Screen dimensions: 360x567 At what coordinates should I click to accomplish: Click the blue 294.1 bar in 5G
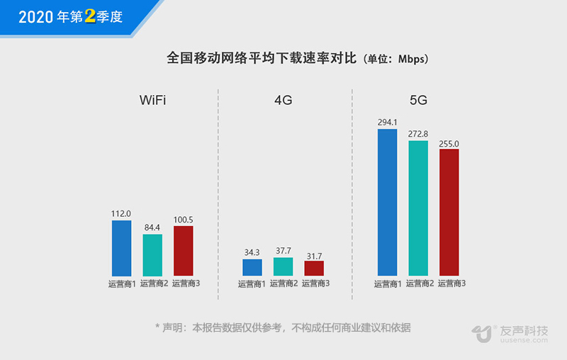387,202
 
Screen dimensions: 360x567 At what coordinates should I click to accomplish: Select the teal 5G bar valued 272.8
418,208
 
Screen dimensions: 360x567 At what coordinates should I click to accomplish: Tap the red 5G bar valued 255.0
449,212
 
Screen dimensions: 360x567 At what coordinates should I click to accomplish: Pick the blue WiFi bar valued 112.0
121,248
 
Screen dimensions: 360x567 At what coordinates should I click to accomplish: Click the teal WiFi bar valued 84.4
152,254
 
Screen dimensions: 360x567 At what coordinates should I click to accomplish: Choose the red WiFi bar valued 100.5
184,251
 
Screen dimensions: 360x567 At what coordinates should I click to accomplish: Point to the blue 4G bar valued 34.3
252,267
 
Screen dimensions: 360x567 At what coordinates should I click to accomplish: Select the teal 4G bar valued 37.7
283,266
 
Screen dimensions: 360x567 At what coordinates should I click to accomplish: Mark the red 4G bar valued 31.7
314,268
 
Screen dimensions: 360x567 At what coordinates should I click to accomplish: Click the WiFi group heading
152,100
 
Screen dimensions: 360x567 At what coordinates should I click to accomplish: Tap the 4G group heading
283,100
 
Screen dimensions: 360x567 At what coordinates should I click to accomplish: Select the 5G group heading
418,100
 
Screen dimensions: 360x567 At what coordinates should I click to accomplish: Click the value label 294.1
387,122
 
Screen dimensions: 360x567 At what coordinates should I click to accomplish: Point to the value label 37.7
283,250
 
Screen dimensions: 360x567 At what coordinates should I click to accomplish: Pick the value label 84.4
152,227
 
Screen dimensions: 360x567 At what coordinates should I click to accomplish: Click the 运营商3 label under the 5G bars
452,284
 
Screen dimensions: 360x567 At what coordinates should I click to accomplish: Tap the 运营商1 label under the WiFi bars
122,284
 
